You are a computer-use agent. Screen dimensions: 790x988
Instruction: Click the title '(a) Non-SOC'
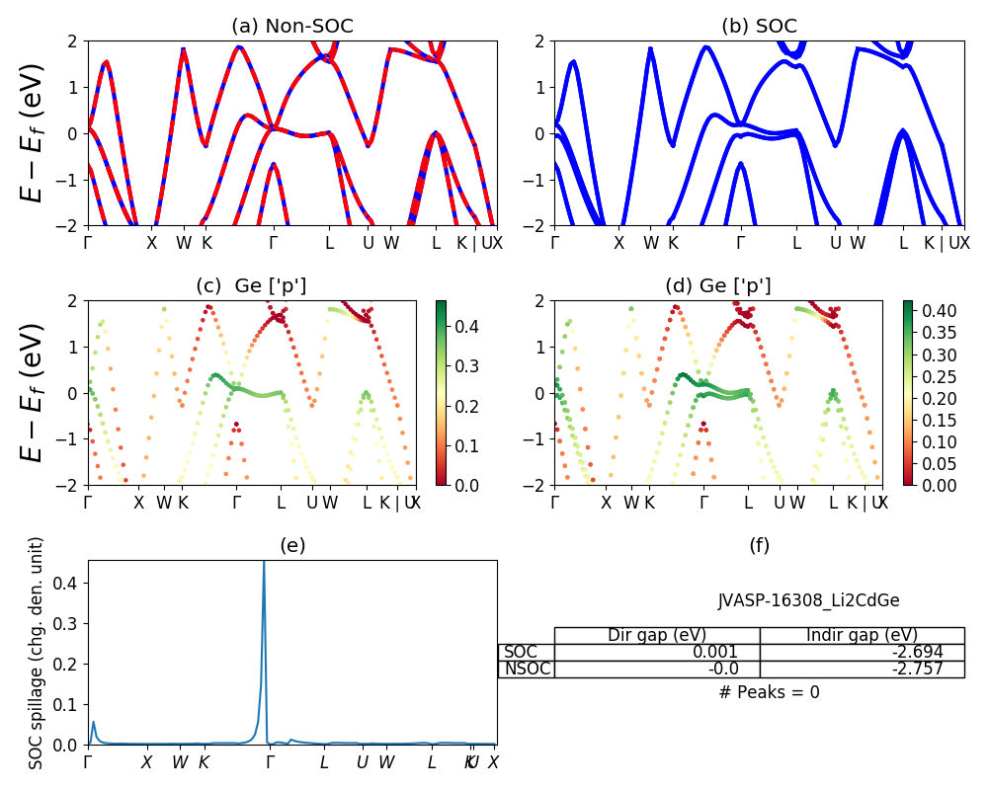click(291, 27)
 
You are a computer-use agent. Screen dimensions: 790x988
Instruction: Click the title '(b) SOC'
click(759, 27)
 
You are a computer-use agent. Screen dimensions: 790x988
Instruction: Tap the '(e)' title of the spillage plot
click(291, 545)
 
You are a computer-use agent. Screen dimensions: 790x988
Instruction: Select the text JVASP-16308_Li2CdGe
click(808, 600)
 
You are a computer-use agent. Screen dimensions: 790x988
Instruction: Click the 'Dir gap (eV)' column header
click(657, 635)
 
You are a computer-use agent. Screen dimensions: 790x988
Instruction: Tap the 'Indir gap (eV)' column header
click(862, 635)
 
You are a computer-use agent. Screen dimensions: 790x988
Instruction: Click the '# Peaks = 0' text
click(769, 692)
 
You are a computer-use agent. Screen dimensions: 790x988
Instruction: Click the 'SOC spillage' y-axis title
click(37, 653)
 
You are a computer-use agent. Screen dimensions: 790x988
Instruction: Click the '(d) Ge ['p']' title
click(718, 286)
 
